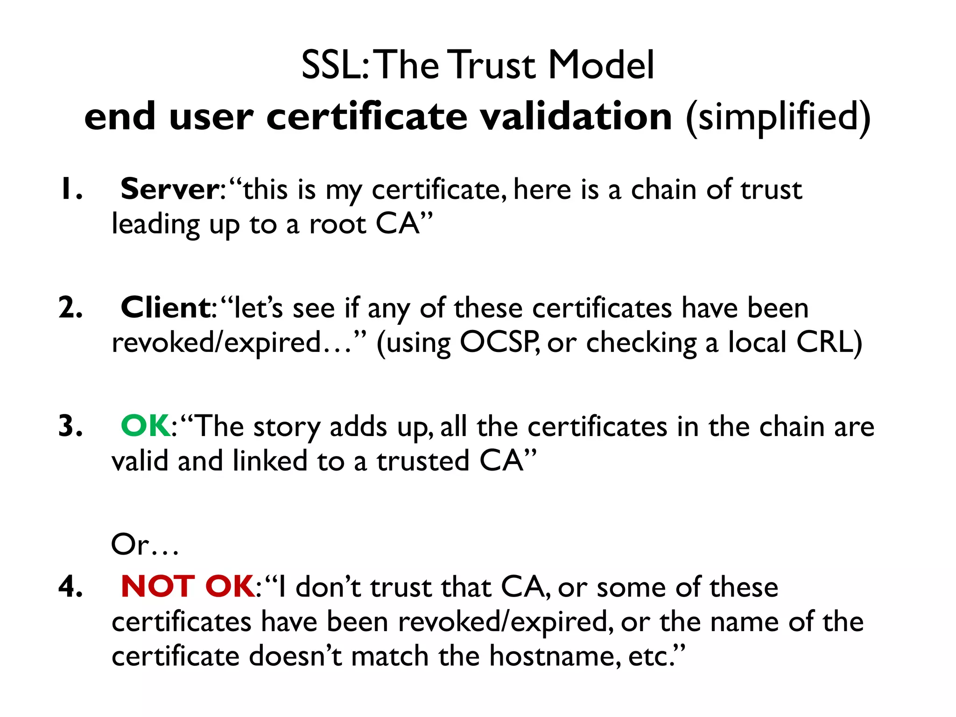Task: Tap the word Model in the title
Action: coord(601,65)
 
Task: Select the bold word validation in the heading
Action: coord(576,117)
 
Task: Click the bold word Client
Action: coord(166,308)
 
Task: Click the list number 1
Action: coord(71,190)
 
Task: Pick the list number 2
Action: coord(71,308)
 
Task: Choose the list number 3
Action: coord(71,426)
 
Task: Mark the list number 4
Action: coord(71,587)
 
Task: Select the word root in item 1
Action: coord(338,225)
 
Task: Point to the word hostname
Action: coord(555,656)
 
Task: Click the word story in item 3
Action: coord(287,427)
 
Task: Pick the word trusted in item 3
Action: coord(423,461)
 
